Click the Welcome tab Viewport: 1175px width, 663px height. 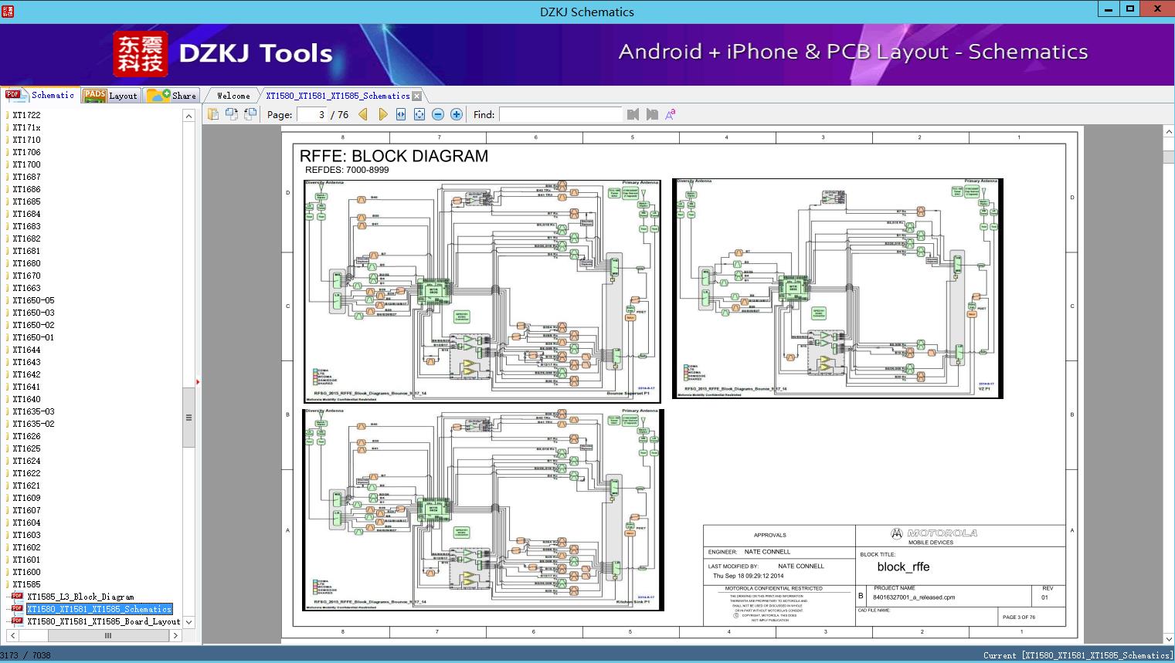233,96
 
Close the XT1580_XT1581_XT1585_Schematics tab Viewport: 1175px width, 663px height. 417,96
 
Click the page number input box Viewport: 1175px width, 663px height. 312,115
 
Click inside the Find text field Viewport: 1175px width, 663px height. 560,115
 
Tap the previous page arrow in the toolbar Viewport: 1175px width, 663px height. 363,115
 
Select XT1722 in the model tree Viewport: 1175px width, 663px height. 26,115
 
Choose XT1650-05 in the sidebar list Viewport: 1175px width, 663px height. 33,300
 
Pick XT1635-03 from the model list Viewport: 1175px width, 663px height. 33,411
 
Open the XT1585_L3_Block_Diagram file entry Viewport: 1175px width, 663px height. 80,597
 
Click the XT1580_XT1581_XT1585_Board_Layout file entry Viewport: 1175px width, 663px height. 104,621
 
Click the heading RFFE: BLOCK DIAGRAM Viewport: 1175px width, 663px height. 394,156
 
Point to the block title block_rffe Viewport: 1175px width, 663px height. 903,567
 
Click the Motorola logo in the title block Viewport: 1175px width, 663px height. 934,533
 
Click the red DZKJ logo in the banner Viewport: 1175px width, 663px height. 141,53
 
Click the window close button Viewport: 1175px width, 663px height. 1157,9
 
